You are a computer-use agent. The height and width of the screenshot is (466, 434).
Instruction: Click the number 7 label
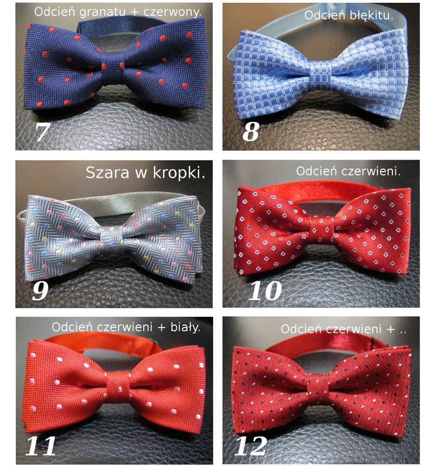(x=42, y=132)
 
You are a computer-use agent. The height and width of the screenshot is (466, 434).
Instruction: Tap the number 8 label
(x=250, y=132)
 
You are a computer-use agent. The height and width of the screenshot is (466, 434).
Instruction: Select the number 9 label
(x=40, y=290)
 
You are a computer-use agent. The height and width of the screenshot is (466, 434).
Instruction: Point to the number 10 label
(x=265, y=290)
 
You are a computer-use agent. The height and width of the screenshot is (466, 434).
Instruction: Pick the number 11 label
(x=41, y=446)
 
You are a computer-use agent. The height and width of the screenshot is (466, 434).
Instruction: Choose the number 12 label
(x=250, y=446)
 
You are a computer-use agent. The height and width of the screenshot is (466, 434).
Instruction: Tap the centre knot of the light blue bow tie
(x=321, y=73)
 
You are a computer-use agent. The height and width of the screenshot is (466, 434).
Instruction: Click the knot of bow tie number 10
(x=323, y=230)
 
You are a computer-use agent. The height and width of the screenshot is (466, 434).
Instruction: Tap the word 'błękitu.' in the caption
(x=371, y=15)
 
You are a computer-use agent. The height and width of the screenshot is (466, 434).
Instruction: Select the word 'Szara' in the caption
(x=108, y=173)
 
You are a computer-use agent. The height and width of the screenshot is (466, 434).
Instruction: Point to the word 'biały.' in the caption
(x=185, y=327)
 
